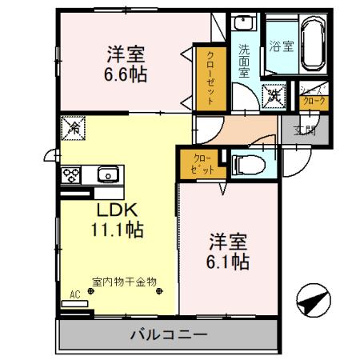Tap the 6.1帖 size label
pyautogui.click(x=229, y=262)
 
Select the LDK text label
pyautogui.click(x=118, y=210)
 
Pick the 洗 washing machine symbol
pyautogui.click(x=274, y=94)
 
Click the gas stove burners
pyautogui.click(x=70, y=174)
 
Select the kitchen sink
pyautogui.click(x=106, y=174)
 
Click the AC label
pyautogui.click(x=75, y=294)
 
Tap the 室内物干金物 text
pyautogui.click(x=124, y=282)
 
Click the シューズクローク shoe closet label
pyautogui.click(x=313, y=97)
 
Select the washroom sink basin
pyautogui.click(x=246, y=24)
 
